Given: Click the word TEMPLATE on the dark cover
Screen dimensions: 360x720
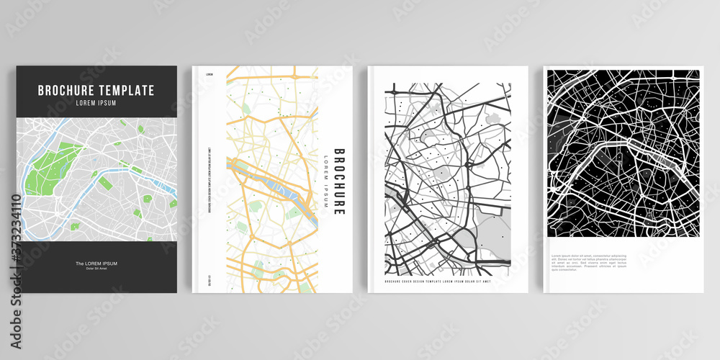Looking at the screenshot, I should click(127, 91).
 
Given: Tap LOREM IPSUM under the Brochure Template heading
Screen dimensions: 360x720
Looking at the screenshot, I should click(96, 103).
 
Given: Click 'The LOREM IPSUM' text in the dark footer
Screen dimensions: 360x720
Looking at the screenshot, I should click(96, 264).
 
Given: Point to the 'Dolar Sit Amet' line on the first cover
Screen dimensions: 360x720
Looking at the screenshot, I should click(96, 269).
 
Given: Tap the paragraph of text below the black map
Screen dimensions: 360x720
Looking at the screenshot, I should click(589, 263).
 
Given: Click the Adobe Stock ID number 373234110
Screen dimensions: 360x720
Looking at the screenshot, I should click(15, 233).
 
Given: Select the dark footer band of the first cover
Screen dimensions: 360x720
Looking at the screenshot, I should click(96, 266).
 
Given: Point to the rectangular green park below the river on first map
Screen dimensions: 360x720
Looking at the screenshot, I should click(105, 184).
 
